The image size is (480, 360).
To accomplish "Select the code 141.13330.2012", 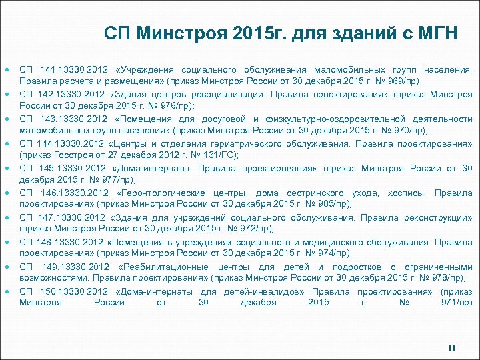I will click(x=66, y=69).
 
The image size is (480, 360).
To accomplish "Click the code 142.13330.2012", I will click(x=66, y=94).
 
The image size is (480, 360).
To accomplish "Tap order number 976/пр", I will click(x=177, y=105).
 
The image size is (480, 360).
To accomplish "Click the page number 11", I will click(x=452, y=348).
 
